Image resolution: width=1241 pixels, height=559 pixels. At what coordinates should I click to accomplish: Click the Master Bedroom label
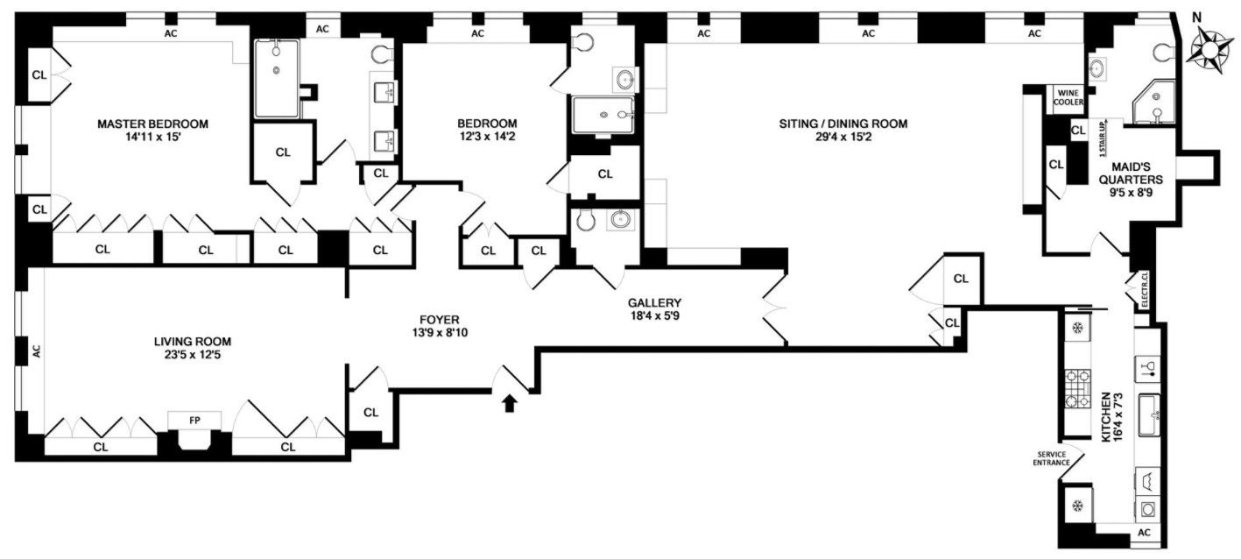pyautogui.click(x=152, y=124)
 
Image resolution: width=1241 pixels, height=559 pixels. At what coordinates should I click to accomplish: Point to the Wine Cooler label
pyautogui.click(x=1068, y=96)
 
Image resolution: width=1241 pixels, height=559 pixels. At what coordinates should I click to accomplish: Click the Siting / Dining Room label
pyautogui.click(x=843, y=124)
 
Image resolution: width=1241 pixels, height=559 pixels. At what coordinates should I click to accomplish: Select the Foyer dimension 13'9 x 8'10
pyautogui.click(x=439, y=334)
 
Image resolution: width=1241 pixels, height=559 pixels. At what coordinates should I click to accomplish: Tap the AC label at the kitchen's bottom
pyautogui.click(x=1143, y=532)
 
